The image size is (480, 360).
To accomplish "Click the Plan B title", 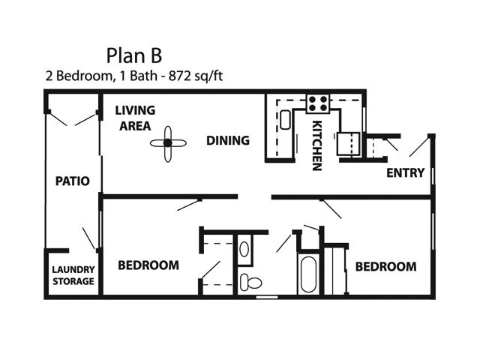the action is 134,55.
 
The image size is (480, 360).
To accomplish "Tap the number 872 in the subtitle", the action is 180,76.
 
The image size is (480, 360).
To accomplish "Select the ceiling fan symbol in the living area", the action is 168,143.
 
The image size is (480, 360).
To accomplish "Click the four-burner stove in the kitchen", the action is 318,103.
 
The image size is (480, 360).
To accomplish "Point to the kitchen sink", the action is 285,120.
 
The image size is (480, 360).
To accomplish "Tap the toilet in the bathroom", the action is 250,282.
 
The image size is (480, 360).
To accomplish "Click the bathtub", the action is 308,274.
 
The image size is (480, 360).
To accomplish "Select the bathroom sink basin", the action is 244,249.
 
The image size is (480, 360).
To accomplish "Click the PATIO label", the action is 73,181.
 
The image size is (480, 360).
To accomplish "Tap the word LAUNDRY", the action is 73,269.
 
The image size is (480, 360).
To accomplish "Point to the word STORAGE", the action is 73,281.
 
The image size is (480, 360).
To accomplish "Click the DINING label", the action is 228,140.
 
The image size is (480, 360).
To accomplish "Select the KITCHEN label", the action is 316,145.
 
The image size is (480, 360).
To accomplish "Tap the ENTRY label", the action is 405,173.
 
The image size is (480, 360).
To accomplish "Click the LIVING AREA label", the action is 135,118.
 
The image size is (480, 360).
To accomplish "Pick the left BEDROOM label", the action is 148,265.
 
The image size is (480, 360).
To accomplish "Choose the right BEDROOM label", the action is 385,267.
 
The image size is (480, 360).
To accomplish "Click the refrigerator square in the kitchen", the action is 349,143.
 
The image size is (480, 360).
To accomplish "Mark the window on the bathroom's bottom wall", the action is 267,297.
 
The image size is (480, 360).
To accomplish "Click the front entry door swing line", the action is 418,147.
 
